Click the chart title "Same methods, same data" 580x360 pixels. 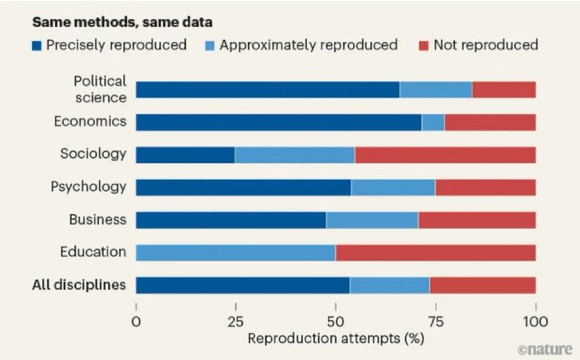pyautogui.click(x=122, y=22)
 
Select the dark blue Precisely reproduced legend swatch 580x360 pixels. pyautogui.click(x=37, y=45)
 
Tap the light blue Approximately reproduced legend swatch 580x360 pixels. pyautogui.click(x=211, y=45)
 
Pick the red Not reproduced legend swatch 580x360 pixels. pyautogui.click(x=424, y=45)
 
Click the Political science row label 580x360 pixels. pyautogui.click(x=99, y=89)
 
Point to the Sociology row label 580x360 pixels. pyautogui.click(x=93, y=154)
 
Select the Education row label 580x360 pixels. pyautogui.click(x=93, y=252)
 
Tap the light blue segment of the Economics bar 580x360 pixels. pyautogui.click(x=433, y=122)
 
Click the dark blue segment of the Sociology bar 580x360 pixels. pyautogui.click(x=185, y=155)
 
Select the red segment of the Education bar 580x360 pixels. pyautogui.click(x=435, y=252)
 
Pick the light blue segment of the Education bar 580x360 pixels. pyautogui.click(x=235, y=252)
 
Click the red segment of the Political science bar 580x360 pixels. pyautogui.click(x=504, y=89)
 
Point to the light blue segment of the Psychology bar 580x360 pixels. pyautogui.click(x=393, y=187)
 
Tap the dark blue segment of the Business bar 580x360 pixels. pyautogui.click(x=231, y=220)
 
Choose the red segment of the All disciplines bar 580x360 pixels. pyautogui.click(x=482, y=285)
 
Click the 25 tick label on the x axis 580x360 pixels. pyautogui.click(x=235, y=322)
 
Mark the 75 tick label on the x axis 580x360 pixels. pyautogui.click(x=435, y=322)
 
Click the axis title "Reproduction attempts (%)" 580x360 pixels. pyautogui.click(x=335, y=339)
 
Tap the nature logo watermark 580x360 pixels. pyautogui.click(x=545, y=349)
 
